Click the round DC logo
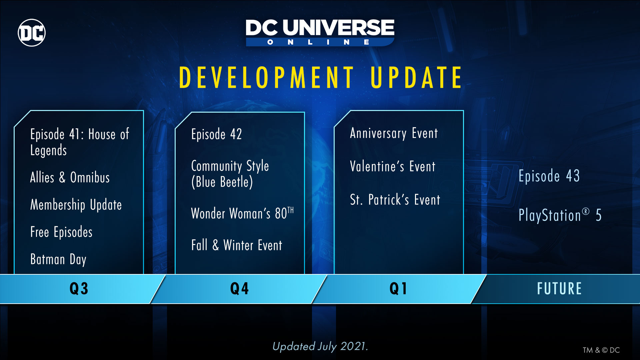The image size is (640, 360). coord(32,33)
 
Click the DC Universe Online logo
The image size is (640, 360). coord(320,33)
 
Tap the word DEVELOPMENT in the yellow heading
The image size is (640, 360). coord(267,77)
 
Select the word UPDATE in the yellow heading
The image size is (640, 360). coord(416,77)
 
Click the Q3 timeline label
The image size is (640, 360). coord(79,289)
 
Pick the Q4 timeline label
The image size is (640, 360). coord(240,289)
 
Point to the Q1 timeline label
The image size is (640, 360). coord(398,289)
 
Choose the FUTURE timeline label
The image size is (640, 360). coord(559,289)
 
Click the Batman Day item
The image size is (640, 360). coord(58,259)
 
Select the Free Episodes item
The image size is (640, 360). coord(61,232)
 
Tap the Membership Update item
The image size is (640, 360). coord(76,205)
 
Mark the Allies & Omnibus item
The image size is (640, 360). coord(70,177)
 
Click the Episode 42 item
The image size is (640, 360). coord(217,134)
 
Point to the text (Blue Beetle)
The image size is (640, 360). coord(222,182)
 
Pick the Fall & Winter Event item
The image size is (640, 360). coord(237,245)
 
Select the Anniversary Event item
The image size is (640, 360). coord(394,133)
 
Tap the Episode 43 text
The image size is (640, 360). coord(549,176)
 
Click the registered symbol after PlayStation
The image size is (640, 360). coord(586,211)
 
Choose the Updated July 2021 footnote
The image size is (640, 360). coord(320,346)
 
